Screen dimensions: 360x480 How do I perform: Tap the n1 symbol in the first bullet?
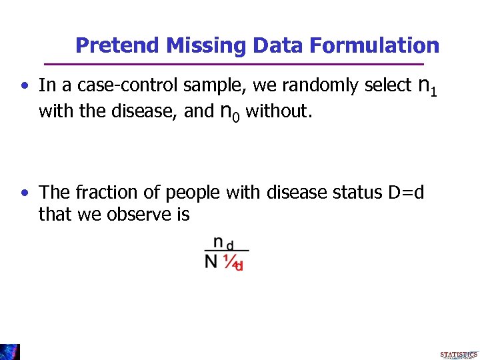point(427,86)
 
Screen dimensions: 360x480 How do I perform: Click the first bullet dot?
point(24,86)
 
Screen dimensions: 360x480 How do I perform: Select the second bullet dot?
point(24,193)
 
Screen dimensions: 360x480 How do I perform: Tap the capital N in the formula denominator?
point(211,262)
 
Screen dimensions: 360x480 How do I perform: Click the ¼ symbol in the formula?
point(231,263)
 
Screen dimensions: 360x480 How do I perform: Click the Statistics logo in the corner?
point(458,354)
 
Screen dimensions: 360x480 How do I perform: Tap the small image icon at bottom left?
point(10,351)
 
